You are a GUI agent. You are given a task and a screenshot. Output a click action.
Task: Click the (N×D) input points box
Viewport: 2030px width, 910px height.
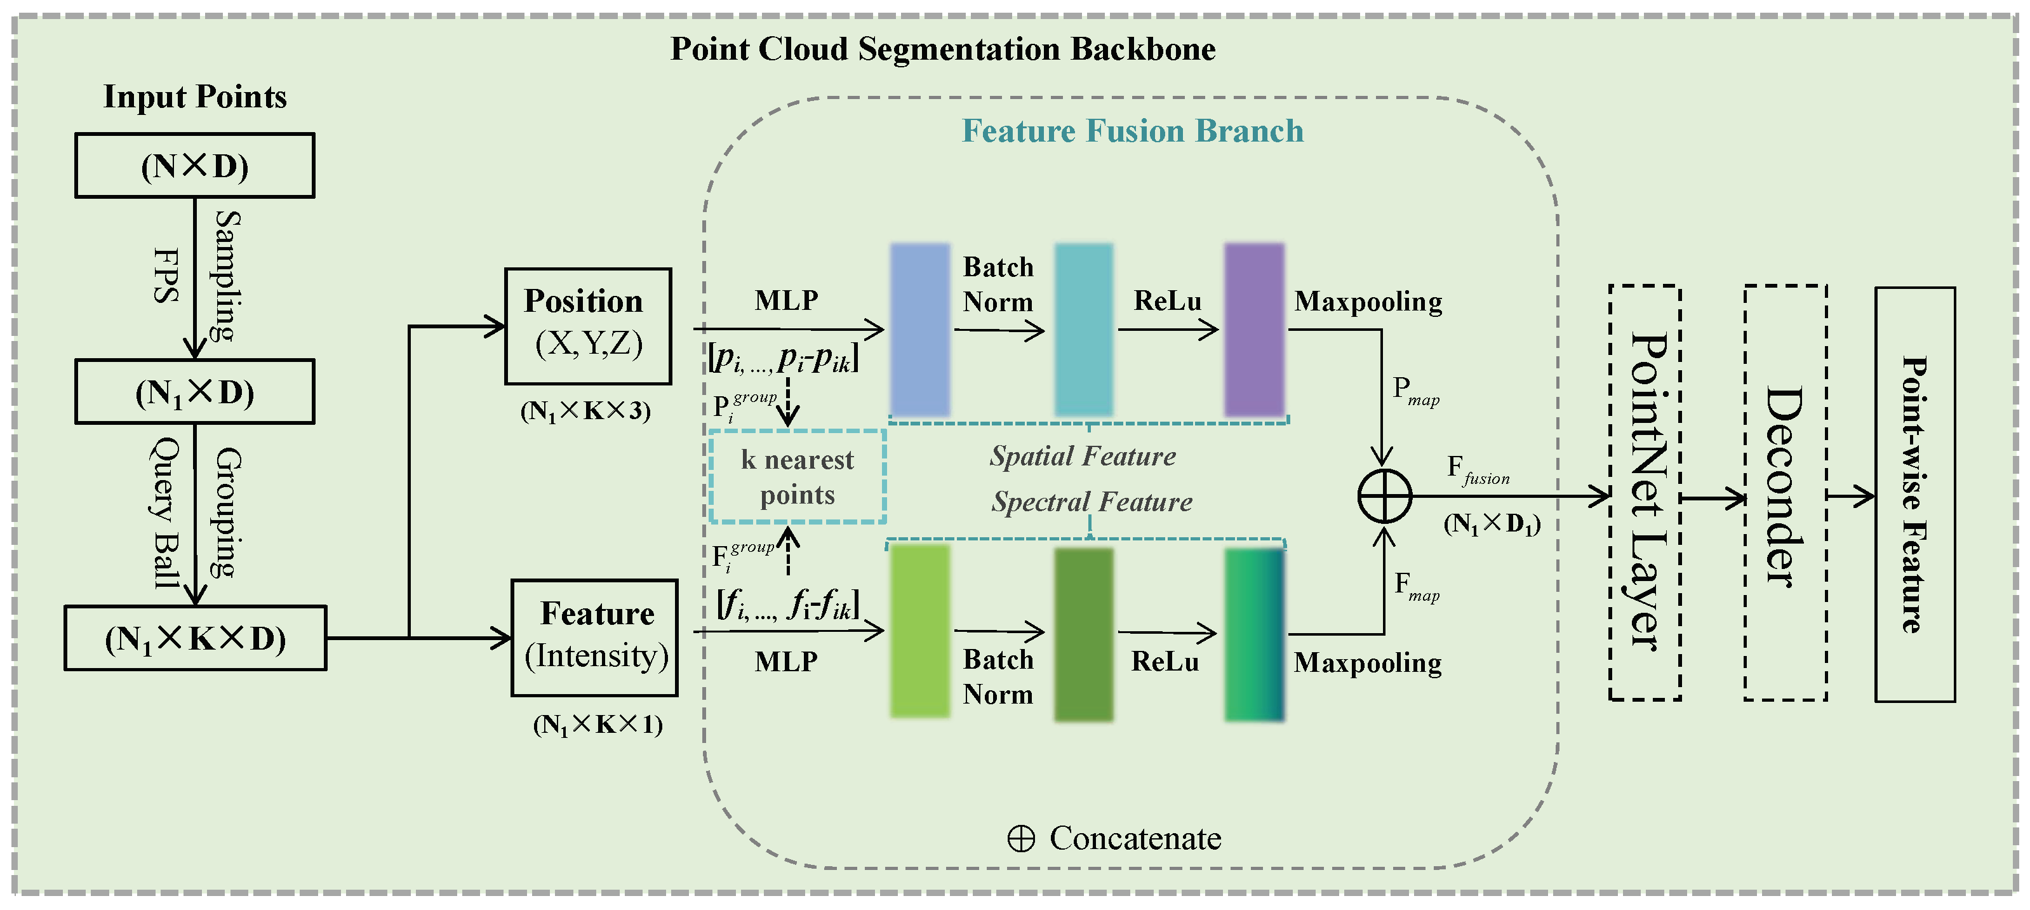click(195, 166)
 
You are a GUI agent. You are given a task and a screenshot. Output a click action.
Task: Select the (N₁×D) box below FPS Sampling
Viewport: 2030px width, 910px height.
click(195, 392)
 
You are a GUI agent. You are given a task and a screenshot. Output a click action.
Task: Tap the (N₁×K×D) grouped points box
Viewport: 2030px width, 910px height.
click(195, 638)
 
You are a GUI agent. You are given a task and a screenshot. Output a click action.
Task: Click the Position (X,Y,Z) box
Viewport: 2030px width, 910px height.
click(588, 326)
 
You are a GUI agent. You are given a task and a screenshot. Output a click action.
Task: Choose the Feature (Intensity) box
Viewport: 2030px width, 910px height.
click(594, 638)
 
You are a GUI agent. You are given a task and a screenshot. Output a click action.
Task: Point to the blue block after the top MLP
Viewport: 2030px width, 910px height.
click(919, 330)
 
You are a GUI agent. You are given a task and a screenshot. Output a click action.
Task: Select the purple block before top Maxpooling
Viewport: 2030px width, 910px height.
click(1254, 330)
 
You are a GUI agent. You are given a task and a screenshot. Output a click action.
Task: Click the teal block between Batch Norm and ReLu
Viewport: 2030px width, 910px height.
click(1083, 330)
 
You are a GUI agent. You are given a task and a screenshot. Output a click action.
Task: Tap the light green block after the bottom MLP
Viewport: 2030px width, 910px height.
click(919, 631)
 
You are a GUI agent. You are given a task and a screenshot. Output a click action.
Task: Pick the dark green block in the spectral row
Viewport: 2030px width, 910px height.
click(1083, 634)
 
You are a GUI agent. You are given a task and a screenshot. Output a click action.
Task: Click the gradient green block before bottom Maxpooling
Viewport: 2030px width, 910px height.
click(1254, 634)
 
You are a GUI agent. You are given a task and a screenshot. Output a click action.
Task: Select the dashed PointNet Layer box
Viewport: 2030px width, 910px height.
click(1645, 492)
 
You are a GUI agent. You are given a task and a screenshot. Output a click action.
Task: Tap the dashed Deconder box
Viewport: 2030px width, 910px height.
click(1785, 492)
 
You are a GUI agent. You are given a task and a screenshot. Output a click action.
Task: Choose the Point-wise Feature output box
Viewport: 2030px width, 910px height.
click(1914, 494)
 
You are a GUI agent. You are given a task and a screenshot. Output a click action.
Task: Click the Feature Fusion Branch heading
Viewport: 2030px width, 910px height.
click(1132, 131)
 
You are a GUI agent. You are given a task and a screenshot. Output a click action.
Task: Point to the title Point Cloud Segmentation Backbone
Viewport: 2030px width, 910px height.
click(942, 49)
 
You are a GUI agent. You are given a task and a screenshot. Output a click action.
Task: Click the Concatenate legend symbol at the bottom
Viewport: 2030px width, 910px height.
click(1021, 839)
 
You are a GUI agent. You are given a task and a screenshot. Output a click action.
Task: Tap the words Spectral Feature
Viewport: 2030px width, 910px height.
click(1092, 502)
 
